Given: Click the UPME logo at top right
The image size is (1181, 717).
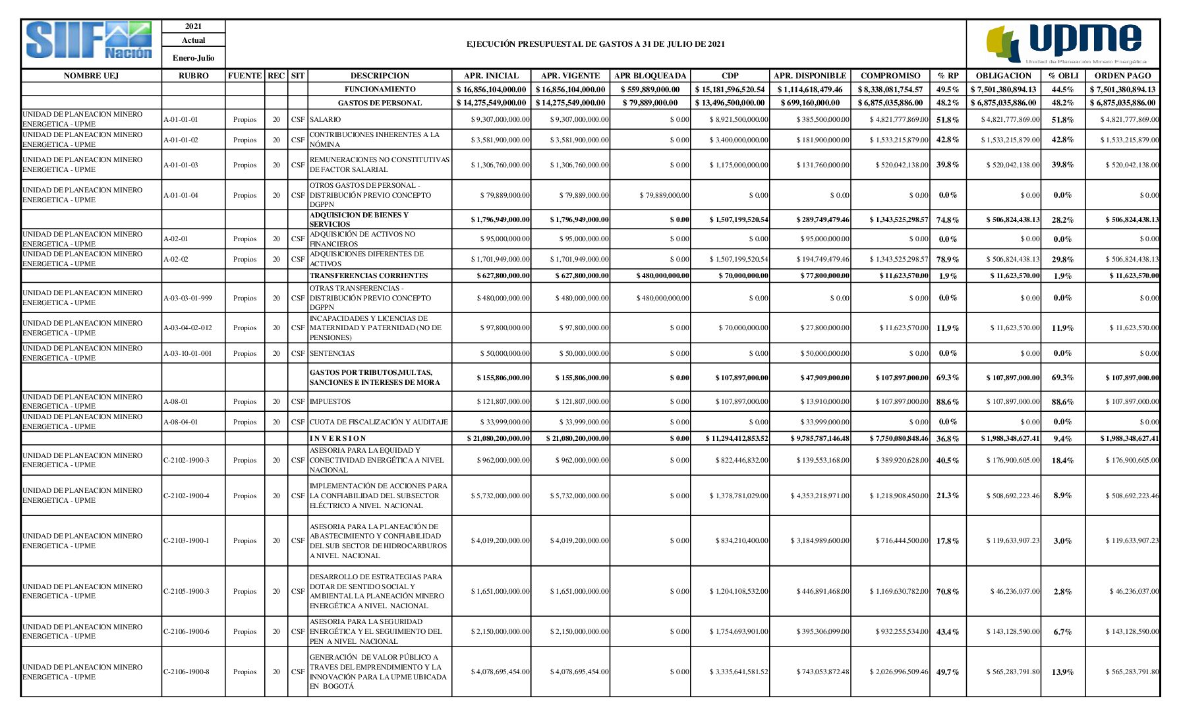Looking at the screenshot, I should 1065,42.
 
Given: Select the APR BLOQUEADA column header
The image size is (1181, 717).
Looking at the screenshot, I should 650,76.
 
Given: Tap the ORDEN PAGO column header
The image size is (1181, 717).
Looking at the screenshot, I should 1122,76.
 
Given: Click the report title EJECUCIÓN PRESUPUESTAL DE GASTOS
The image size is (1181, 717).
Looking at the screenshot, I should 595,44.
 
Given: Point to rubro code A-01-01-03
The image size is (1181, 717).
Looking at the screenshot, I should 181,165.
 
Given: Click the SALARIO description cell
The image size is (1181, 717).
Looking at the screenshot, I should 326,119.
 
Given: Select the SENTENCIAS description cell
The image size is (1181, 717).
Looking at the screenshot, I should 332,353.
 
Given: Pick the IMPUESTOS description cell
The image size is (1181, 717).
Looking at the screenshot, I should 330,401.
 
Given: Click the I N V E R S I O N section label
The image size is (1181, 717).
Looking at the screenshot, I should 338,438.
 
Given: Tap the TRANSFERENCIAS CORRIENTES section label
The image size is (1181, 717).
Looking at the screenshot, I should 368,275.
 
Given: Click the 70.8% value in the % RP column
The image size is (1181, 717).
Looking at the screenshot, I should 948,591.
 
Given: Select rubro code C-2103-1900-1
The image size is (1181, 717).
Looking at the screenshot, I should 187,540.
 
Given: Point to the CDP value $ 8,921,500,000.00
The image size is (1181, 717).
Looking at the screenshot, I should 739,119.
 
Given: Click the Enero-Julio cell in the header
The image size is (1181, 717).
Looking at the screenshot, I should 193,58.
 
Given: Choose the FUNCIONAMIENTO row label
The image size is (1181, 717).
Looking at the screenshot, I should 380,89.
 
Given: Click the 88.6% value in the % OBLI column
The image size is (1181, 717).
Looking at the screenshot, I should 1062,401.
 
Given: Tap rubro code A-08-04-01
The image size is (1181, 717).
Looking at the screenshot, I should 181,422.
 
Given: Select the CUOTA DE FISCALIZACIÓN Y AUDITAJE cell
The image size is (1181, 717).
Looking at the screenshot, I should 378,422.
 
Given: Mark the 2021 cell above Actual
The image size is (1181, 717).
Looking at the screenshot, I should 193,26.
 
